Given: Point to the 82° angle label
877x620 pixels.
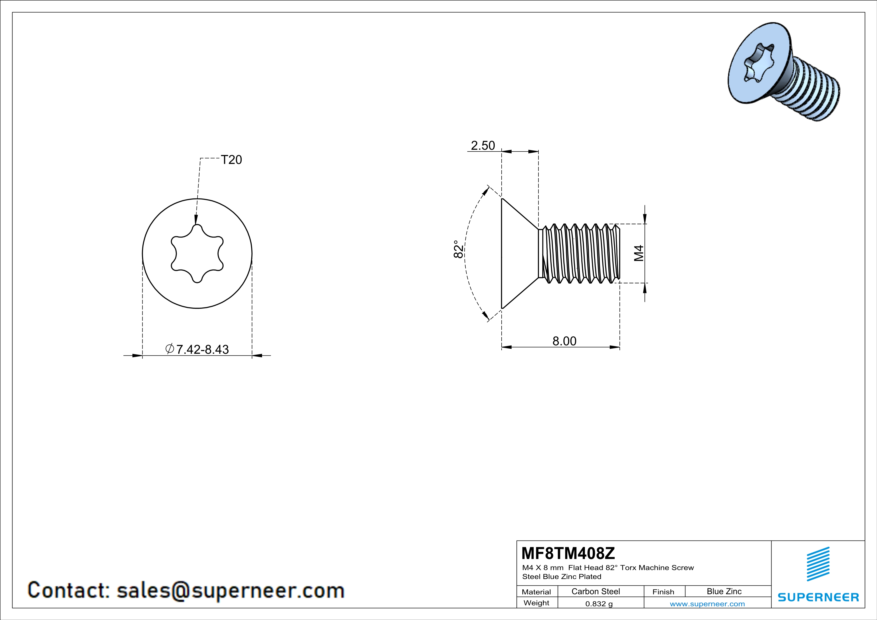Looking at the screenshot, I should [x=458, y=249].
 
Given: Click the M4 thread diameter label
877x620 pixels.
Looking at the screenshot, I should [x=639, y=253].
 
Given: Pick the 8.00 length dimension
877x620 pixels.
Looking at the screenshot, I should [x=564, y=341].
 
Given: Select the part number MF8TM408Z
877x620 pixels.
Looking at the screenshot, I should [x=568, y=553].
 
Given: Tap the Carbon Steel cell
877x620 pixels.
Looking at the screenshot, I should [x=595, y=591].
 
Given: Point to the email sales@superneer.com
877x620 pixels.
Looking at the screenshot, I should [x=230, y=590].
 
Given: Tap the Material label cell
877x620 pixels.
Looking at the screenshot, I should [x=536, y=592].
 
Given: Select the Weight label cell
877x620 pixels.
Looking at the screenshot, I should [x=536, y=603].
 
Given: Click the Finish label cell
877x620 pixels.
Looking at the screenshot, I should [x=663, y=592].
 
